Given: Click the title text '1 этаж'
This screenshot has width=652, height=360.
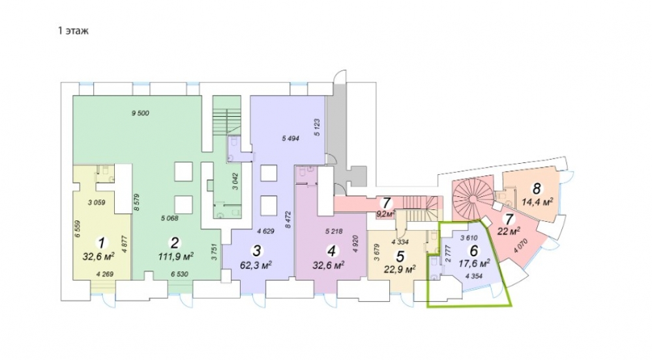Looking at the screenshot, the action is [73, 31].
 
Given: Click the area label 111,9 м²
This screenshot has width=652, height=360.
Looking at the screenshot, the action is [175, 256].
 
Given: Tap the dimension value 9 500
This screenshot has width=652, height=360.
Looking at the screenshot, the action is [140, 113].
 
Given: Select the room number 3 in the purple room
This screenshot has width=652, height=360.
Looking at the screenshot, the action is [256, 250].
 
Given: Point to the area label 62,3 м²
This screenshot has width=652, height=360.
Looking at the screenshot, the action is [256, 264].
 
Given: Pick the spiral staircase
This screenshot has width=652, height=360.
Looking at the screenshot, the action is [472, 199].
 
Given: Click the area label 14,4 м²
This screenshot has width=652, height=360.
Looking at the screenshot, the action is [537, 202].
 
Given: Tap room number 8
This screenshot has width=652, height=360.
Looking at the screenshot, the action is [537, 188].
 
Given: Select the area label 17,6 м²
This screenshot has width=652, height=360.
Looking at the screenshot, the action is [474, 263].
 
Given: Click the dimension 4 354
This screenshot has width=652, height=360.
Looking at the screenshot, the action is [474, 276].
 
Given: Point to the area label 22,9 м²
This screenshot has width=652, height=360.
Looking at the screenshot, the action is [400, 269].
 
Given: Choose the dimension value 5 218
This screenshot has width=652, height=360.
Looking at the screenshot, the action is [334, 232].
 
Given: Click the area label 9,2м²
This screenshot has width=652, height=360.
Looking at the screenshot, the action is [385, 215].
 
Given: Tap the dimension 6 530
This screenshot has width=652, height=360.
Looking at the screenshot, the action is [179, 275].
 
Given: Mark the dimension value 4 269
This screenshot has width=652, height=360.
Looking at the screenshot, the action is [104, 275].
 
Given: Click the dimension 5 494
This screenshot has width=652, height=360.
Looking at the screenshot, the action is [290, 139].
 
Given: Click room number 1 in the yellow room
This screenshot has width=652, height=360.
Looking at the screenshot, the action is [100, 242].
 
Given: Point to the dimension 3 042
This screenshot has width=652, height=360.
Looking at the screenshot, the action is [236, 181].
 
